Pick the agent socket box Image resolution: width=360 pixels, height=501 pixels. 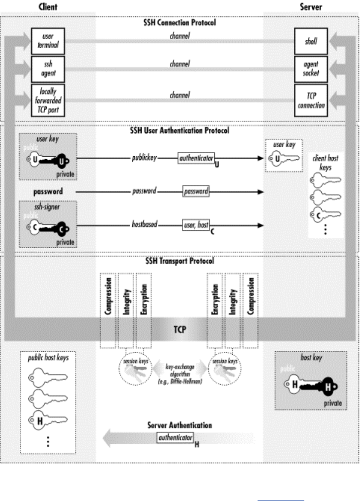[311, 69]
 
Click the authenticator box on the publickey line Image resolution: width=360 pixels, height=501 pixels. [196, 159]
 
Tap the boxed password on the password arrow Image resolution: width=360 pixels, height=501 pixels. [196, 191]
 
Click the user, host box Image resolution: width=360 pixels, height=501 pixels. [196, 225]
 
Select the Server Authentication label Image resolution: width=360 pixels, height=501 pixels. [180, 425]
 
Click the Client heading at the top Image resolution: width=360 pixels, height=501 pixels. [48, 7]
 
